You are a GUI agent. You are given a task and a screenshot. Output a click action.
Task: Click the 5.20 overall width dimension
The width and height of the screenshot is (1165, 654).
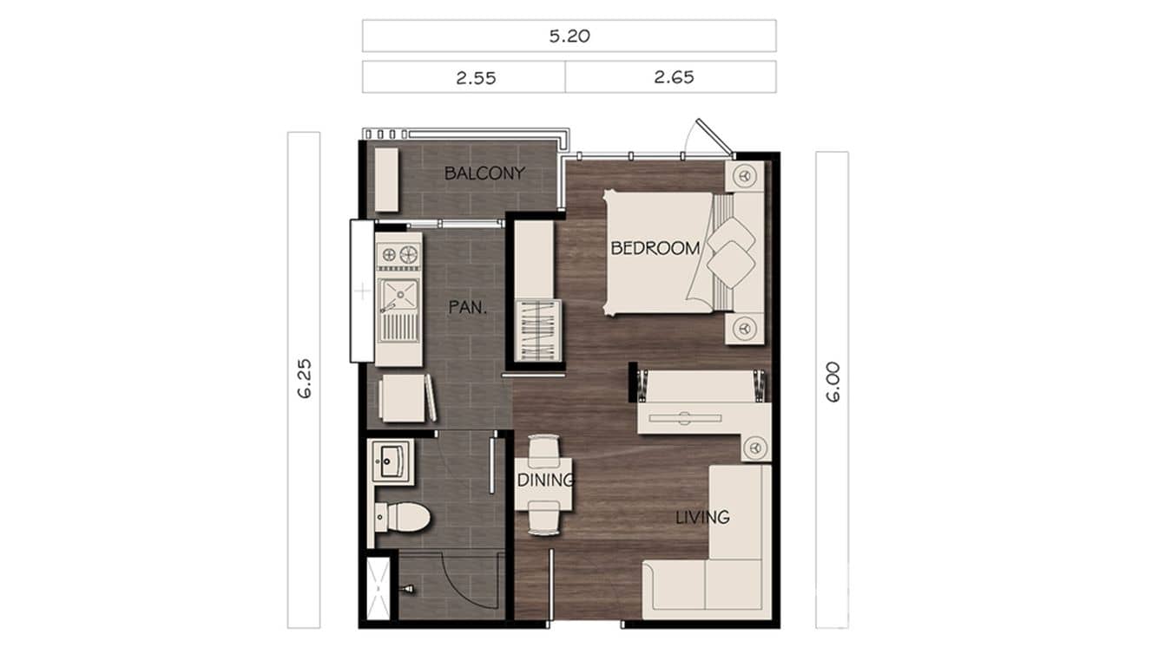click(569, 36)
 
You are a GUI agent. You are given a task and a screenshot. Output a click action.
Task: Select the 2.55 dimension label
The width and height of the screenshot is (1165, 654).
click(476, 77)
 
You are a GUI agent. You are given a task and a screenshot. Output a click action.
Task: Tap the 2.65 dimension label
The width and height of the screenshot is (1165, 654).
click(674, 77)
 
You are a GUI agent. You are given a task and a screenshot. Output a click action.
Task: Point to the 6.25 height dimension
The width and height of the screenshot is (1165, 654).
click(303, 379)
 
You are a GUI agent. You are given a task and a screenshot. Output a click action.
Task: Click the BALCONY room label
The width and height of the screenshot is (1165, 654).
click(484, 173)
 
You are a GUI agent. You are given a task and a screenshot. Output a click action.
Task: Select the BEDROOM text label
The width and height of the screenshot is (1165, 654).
click(655, 248)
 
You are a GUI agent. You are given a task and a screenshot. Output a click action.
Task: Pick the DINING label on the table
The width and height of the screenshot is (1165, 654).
click(545, 481)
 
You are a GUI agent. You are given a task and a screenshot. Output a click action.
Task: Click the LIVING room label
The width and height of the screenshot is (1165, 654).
click(702, 518)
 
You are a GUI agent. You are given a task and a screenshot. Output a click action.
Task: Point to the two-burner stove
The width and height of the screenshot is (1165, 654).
click(398, 255)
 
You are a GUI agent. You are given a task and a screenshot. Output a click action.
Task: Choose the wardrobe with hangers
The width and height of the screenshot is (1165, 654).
click(538, 330)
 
